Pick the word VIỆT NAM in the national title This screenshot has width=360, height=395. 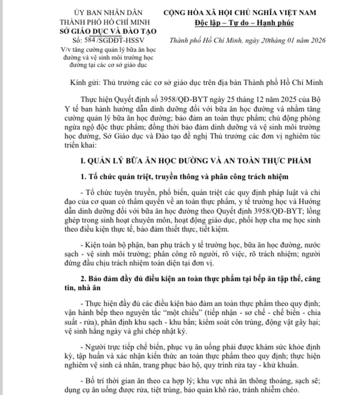tap(296, 12)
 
